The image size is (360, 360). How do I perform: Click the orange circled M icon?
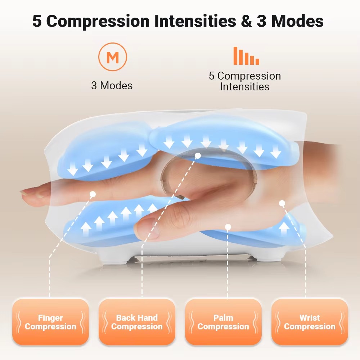coord(112,57)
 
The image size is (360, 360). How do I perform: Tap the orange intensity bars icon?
coord(246,56)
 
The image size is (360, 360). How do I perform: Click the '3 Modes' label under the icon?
coord(112,86)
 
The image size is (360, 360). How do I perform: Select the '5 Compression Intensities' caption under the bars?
coord(245,81)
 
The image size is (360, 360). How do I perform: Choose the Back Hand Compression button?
coord(137,322)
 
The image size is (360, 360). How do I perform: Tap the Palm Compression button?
coord(223,322)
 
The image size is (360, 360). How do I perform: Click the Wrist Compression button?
coord(310,322)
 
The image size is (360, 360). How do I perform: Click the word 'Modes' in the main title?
coord(298,21)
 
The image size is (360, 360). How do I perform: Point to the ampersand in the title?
coord(246,21)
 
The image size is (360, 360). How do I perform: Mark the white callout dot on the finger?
coord(93,194)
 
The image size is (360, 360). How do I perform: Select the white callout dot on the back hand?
coord(198,156)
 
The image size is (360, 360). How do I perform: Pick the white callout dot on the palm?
coord(228,227)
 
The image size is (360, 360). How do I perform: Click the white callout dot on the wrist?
coord(282,203)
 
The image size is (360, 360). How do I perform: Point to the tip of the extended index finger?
coord(21,192)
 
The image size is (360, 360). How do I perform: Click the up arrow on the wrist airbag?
coord(284,228)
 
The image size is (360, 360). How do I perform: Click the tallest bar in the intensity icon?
coord(235,56)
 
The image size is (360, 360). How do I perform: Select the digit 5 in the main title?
coord(37,21)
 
